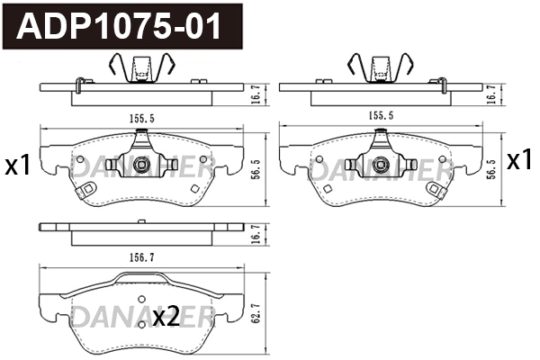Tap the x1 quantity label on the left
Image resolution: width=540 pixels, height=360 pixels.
point(18,165)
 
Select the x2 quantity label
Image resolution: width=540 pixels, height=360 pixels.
point(166,316)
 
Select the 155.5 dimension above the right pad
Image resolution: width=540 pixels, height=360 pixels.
point(378,117)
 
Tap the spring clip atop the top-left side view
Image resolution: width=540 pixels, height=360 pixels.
point(139,69)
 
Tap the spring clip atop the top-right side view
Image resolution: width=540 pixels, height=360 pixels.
point(378,69)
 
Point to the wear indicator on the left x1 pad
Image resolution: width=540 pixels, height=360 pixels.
point(87,191)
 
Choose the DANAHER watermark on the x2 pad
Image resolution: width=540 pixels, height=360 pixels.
point(139,315)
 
